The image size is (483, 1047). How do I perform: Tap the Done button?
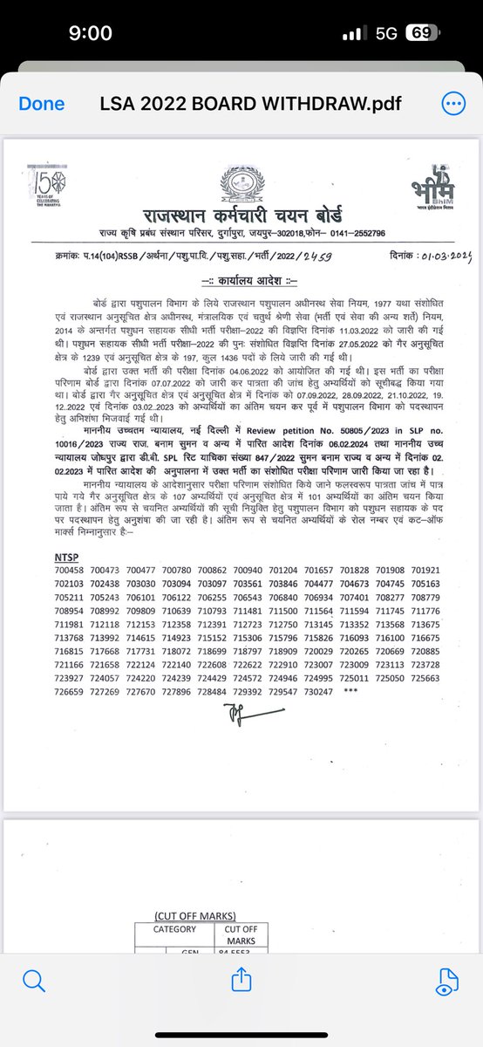tap(42, 103)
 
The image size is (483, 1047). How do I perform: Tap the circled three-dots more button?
tap(453, 103)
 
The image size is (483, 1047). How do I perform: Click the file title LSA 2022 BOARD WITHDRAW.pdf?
tap(241, 103)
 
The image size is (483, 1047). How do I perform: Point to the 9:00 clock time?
tap(90, 33)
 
